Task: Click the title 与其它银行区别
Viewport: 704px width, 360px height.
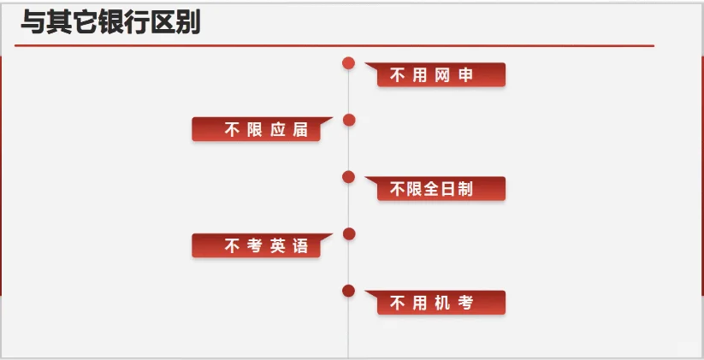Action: coord(110,22)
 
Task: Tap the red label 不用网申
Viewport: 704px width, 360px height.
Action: coord(441,75)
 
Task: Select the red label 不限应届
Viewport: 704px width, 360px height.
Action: coord(256,130)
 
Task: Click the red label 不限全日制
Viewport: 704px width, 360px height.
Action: coord(441,189)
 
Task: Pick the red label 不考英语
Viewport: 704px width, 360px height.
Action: coord(256,246)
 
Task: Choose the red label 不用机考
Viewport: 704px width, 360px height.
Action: coord(441,303)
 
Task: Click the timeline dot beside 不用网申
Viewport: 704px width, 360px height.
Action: coord(348,62)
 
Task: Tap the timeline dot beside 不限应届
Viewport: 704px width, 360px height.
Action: coord(349,120)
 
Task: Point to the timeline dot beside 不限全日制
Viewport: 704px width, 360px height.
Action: coord(348,176)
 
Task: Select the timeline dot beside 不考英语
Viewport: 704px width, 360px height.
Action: coord(349,233)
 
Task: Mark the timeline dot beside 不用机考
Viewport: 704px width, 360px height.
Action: coord(348,291)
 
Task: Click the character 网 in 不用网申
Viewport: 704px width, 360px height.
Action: coord(441,75)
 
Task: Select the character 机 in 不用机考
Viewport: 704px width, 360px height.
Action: coord(441,303)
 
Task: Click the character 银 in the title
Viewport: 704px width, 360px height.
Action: coord(110,22)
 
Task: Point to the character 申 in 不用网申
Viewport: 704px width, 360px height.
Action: coord(465,75)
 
